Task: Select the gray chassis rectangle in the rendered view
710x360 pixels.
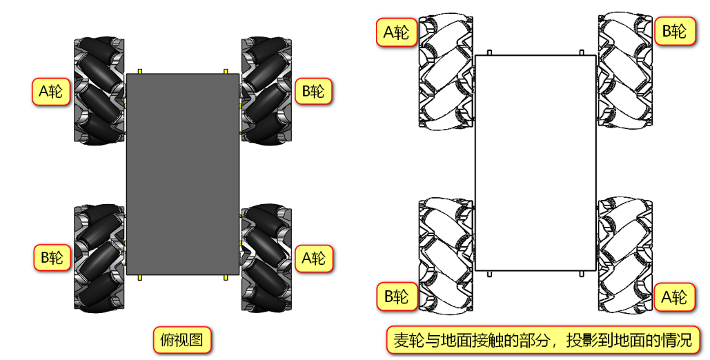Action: (183, 174)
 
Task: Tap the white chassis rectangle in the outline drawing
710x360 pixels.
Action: (535, 163)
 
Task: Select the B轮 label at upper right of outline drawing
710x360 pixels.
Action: (674, 31)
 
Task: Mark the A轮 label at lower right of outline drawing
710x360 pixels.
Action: (674, 297)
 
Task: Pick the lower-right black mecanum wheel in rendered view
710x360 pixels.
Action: (266, 257)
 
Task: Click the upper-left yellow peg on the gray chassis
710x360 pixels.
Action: (139, 71)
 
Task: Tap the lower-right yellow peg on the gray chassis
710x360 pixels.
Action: (226, 279)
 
